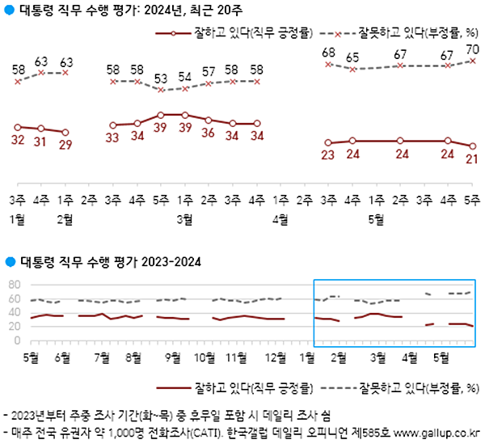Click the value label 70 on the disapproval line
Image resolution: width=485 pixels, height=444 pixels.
(473, 49)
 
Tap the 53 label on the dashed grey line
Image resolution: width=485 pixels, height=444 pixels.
(161, 78)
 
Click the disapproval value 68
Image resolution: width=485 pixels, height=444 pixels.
(328, 53)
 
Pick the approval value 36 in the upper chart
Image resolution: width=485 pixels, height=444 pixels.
(209, 133)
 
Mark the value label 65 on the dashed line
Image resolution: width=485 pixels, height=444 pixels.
(352, 57)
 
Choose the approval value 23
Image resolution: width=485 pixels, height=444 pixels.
(328, 155)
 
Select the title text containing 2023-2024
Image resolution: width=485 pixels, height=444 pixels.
(109, 262)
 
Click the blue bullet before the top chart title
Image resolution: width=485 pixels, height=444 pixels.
(9, 10)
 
